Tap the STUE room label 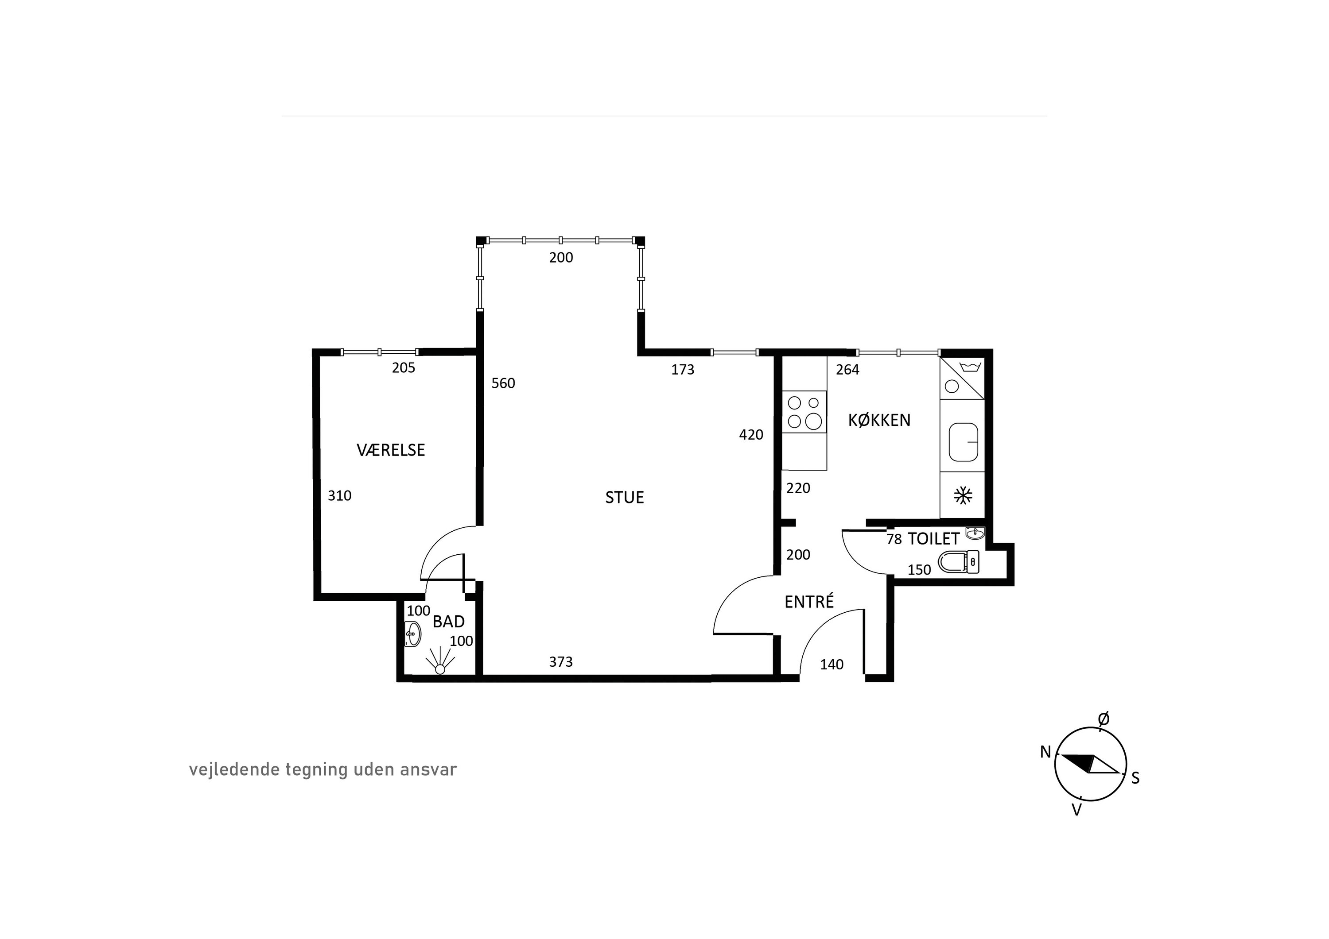pyautogui.click(x=625, y=498)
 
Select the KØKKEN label pyautogui.click(x=879, y=420)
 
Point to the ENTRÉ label pyautogui.click(x=809, y=602)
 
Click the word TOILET pyautogui.click(x=934, y=539)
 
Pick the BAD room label pyautogui.click(x=449, y=622)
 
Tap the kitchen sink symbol pyautogui.click(x=963, y=441)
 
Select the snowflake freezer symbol pyautogui.click(x=963, y=496)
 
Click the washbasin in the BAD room pyautogui.click(x=412, y=634)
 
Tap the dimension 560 pyautogui.click(x=503, y=383)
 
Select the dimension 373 pyautogui.click(x=561, y=661)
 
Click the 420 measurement pyautogui.click(x=751, y=434)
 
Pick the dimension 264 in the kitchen pyautogui.click(x=847, y=370)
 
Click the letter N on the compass pyautogui.click(x=1045, y=752)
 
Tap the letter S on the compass pyautogui.click(x=1135, y=778)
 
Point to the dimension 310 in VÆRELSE pyautogui.click(x=339, y=496)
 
